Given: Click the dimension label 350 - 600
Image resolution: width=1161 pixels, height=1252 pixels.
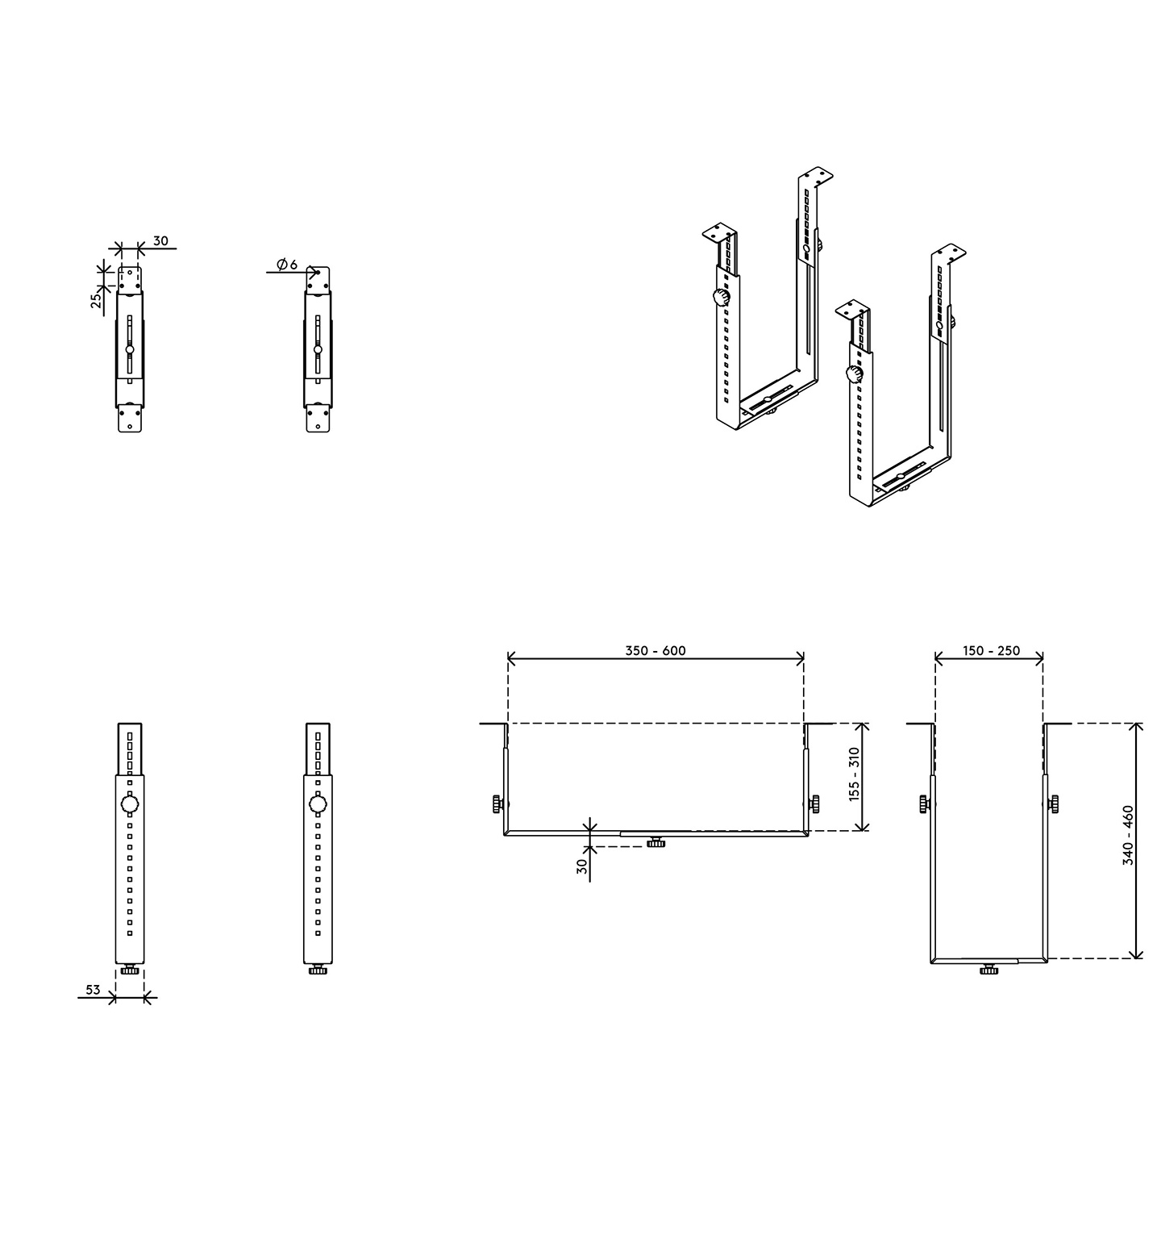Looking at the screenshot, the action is (655, 650).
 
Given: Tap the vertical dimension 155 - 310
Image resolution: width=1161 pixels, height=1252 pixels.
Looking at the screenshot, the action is (855, 774).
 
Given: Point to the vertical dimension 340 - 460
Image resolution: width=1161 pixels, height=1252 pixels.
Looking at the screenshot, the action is (1128, 835).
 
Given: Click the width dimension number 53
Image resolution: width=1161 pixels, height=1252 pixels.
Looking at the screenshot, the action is (93, 989).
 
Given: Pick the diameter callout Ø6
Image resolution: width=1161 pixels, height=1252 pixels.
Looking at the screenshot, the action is (286, 264).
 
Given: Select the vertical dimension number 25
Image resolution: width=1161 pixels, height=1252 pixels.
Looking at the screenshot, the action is (96, 301).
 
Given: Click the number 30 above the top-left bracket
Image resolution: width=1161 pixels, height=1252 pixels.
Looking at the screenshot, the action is (160, 240).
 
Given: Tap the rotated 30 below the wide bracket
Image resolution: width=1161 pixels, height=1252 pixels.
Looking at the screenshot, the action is (582, 867).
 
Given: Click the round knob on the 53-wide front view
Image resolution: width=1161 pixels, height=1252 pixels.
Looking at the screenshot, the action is (130, 804).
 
